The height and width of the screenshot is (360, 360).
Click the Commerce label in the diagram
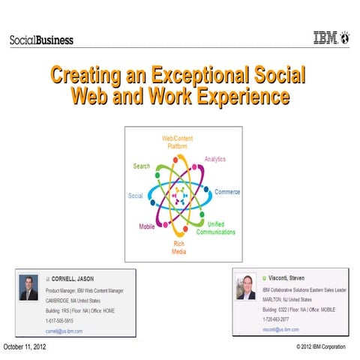(227, 192)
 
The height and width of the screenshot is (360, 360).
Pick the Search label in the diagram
(142, 166)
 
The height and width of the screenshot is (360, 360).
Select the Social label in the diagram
(136, 196)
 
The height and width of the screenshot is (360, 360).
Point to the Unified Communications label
(220, 228)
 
